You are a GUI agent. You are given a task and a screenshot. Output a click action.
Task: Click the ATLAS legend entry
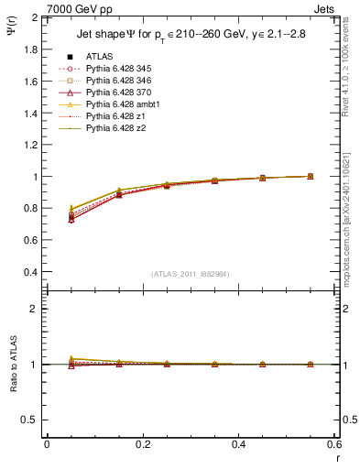coord(100,57)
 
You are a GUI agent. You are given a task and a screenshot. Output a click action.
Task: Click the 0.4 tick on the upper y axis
coord(31,272)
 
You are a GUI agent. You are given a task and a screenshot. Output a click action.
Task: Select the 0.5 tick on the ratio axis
coord(31,420)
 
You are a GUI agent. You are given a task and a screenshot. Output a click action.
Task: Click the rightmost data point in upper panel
coord(310,176)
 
